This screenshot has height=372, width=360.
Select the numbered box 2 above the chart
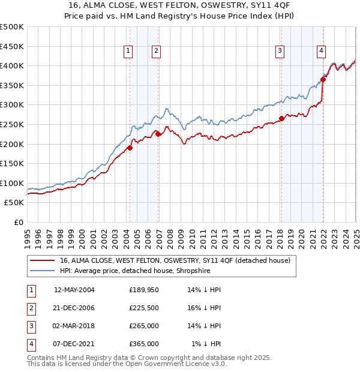pos(155,52)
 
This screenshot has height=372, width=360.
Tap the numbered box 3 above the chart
pos(280,52)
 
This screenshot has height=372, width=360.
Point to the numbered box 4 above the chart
pos(322,52)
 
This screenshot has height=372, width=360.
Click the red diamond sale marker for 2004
pos(130,148)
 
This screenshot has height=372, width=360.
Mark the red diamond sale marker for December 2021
pos(323,79)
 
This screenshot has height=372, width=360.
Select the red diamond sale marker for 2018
pos(281,118)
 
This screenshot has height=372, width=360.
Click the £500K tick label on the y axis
pos(12,27)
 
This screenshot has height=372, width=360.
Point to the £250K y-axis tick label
pos(12,124)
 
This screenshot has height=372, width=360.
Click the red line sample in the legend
pos(41,260)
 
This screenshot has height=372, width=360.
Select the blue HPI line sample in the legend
pos(41,270)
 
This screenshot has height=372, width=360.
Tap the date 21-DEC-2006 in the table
pos(74,308)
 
